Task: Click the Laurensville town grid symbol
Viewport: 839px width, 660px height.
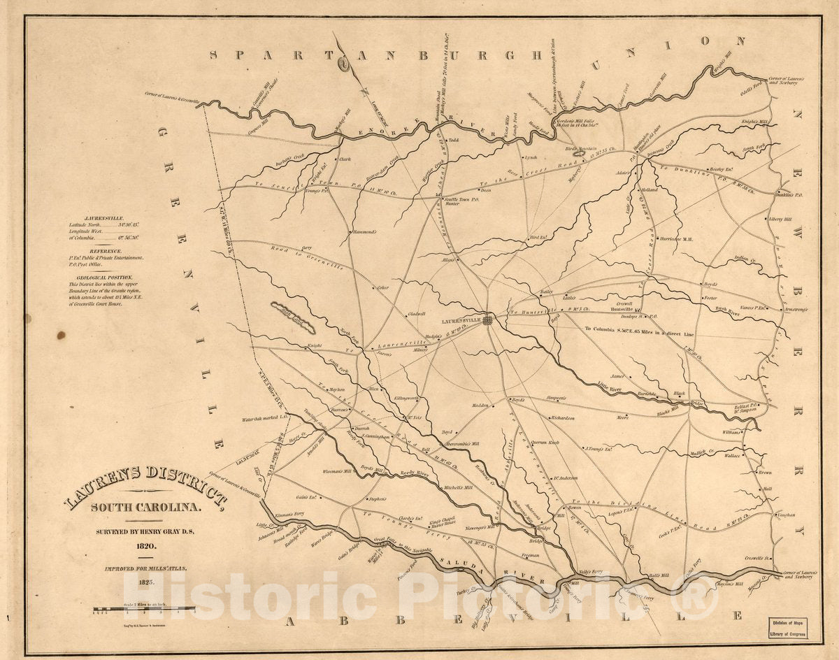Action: click(x=488, y=320)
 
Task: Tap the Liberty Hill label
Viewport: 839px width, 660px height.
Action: click(x=780, y=219)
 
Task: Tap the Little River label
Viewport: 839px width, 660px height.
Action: click(x=612, y=385)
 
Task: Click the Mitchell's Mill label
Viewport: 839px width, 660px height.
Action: click(x=458, y=487)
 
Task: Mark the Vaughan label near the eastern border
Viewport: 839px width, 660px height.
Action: click(x=787, y=515)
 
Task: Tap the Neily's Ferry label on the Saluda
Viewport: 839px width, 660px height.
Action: click(x=587, y=571)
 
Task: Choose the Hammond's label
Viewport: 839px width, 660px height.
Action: click(x=364, y=231)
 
